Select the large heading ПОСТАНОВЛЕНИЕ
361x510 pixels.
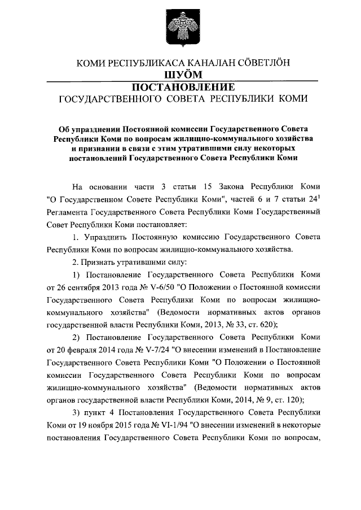(180, 87)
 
